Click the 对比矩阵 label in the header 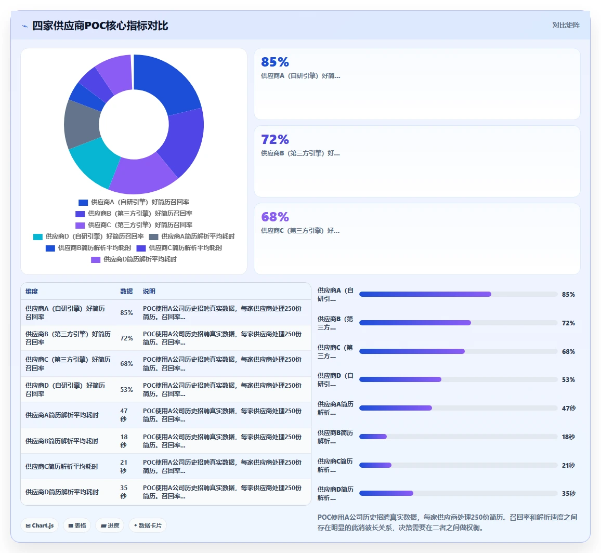pyautogui.click(x=566, y=25)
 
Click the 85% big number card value pyautogui.click(x=275, y=62)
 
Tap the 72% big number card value pyautogui.click(x=275, y=139)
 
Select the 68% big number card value pyautogui.click(x=275, y=217)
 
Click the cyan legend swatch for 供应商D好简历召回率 pyautogui.click(x=38, y=237)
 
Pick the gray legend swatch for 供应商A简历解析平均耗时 pyautogui.click(x=154, y=237)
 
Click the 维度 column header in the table pyautogui.click(x=32, y=292)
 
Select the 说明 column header pyautogui.click(x=149, y=292)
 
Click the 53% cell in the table pyautogui.click(x=126, y=390)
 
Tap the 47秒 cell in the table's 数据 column pyautogui.click(x=124, y=415)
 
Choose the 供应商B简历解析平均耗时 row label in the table pyautogui.click(x=62, y=441)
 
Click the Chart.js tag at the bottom pyautogui.click(x=40, y=525)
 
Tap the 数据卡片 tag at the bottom pyautogui.click(x=148, y=525)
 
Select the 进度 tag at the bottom pyautogui.click(x=110, y=525)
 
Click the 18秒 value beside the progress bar pyautogui.click(x=568, y=437)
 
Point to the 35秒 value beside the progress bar pyautogui.click(x=568, y=494)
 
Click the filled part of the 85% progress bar pyautogui.click(x=425, y=294)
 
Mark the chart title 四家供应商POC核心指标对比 pyautogui.click(x=100, y=25)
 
